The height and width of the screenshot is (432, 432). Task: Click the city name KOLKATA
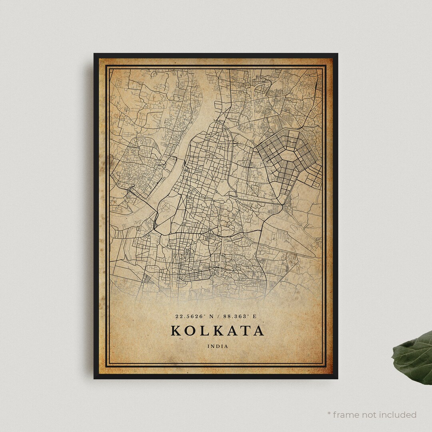[x=217, y=331]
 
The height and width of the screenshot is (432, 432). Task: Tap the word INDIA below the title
[x=218, y=346]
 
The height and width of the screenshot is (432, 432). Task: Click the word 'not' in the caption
[x=369, y=415]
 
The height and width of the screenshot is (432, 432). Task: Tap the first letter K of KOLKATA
[x=176, y=331]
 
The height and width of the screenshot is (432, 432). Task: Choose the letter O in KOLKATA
[x=190, y=331]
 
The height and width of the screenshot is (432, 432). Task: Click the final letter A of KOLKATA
[x=258, y=331]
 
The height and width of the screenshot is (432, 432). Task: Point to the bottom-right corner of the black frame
[x=337, y=378]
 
